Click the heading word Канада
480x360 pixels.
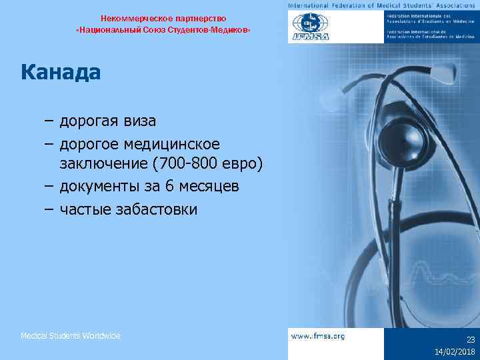point(61,71)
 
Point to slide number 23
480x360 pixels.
point(470,339)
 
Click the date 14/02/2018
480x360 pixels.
point(455,351)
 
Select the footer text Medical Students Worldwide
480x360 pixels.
point(71,336)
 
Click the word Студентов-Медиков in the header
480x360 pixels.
point(207,31)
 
